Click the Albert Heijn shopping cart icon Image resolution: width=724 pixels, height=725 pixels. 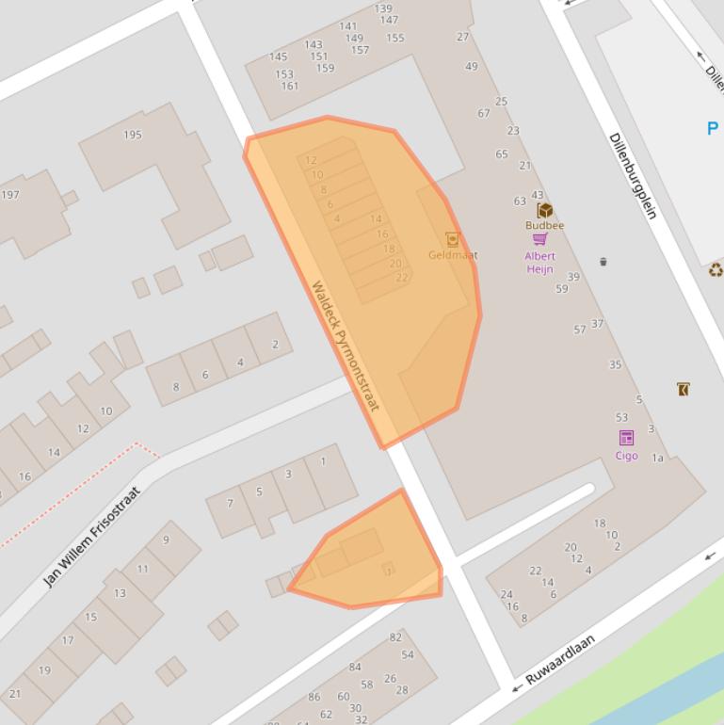(x=539, y=239)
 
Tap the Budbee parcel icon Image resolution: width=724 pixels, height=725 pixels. (x=544, y=210)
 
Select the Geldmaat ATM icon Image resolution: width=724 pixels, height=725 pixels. (x=452, y=239)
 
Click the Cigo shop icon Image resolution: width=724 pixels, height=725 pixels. (x=626, y=438)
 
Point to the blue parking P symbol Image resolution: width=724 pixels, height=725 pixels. (x=713, y=129)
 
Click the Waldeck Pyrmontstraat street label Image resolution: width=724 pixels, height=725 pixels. (x=345, y=346)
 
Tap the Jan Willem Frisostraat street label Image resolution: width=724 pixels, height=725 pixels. (x=91, y=537)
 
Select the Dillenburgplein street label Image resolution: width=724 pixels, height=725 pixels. (x=633, y=176)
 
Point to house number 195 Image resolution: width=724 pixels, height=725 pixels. (x=133, y=135)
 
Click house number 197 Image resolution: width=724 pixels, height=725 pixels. (x=10, y=195)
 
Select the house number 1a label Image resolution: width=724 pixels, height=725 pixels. (x=658, y=459)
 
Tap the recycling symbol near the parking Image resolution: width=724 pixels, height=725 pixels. (x=716, y=271)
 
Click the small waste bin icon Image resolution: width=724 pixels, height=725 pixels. (x=603, y=262)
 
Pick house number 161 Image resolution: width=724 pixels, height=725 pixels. (x=289, y=86)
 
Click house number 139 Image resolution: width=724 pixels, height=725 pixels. (x=383, y=8)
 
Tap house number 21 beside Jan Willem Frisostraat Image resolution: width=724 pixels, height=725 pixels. (x=14, y=694)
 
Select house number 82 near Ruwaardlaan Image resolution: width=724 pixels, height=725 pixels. (x=395, y=637)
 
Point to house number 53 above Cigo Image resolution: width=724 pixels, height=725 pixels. (x=621, y=417)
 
